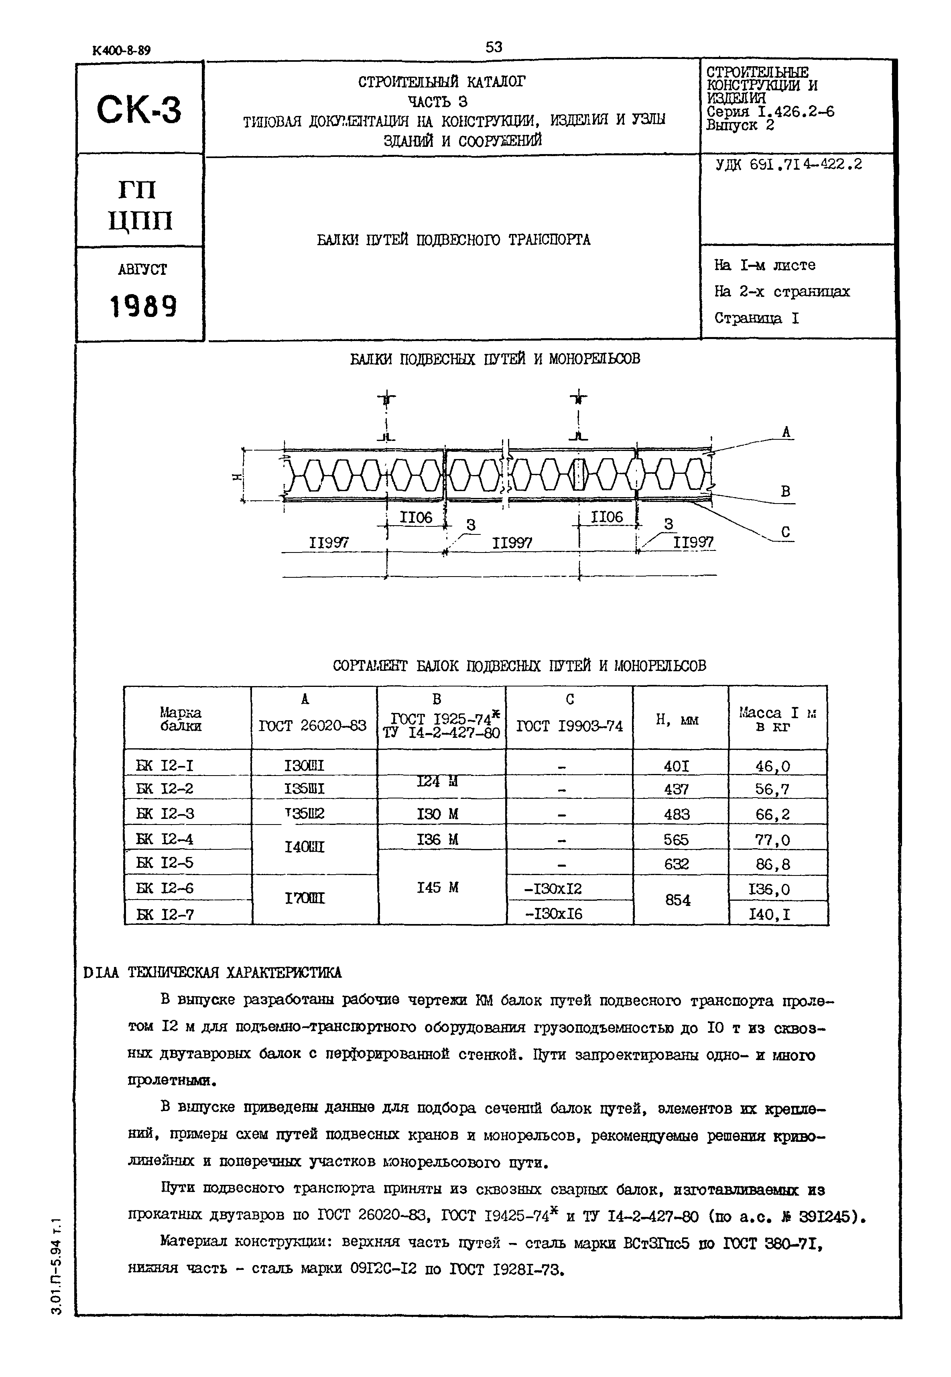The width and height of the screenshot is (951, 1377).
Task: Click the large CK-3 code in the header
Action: click(139, 110)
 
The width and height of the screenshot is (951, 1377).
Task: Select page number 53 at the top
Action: click(494, 47)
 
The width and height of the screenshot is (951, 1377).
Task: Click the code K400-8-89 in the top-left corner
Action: click(122, 51)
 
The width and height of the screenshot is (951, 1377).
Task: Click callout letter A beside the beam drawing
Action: click(786, 433)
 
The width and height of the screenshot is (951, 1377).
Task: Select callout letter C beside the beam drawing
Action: click(785, 532)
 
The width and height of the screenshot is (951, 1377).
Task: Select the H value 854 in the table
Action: click(677, 900)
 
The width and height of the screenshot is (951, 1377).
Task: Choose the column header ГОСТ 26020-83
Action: click(313, 726)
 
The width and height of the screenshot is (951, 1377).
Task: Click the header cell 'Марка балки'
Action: click(181, 719)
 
